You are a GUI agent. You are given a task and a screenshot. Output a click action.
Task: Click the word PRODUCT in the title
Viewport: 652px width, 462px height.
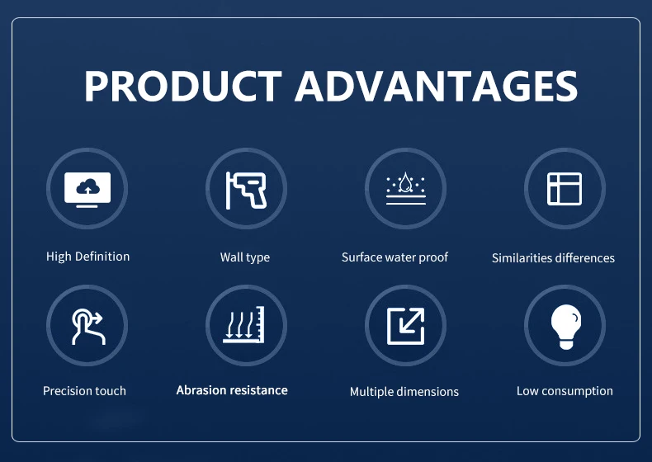coord(183,86)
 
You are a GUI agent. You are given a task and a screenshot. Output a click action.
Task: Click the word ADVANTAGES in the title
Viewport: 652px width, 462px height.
coord(437,86)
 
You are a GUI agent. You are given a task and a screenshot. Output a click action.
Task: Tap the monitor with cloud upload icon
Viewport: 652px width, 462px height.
coord(87,190)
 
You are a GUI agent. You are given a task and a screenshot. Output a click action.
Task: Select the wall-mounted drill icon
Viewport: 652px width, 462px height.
coord(246,190)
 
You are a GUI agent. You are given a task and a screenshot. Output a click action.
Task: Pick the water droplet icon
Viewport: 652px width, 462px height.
coord(405,188)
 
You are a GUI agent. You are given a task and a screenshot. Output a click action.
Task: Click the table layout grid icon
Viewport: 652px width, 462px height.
coord(565,189)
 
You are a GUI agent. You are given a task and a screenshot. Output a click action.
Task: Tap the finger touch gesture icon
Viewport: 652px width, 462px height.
coord(87,327)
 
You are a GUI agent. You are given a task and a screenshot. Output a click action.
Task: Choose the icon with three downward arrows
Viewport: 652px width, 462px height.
coord(244,324)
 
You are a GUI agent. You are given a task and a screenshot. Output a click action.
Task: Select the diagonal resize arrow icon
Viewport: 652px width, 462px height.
coord(405,326)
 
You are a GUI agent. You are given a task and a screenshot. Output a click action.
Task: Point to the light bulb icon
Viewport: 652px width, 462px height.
coord(565,327)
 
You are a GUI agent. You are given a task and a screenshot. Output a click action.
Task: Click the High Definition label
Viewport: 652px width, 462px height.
coord(87,257)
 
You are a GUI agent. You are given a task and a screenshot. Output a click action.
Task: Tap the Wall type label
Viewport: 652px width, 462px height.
coord(245,257)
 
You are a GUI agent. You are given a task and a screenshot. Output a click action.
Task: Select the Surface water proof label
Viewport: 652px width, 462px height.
coord(395,257)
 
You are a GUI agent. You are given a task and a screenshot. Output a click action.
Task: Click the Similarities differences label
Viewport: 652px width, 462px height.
coord(553,258)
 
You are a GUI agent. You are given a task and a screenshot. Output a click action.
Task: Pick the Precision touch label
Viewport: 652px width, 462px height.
coord(84,391)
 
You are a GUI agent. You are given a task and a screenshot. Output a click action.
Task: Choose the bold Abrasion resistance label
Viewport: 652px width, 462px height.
coord(232,390)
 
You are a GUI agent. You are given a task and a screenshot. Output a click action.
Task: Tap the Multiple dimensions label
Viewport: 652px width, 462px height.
coord(404,392)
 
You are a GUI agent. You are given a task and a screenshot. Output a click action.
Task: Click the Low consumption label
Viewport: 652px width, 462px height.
coord(565,391)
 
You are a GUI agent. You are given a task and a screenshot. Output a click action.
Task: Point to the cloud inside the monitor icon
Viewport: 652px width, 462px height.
coord(88,187)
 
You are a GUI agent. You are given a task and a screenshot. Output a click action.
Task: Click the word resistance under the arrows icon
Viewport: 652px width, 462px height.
coord(259,390)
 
